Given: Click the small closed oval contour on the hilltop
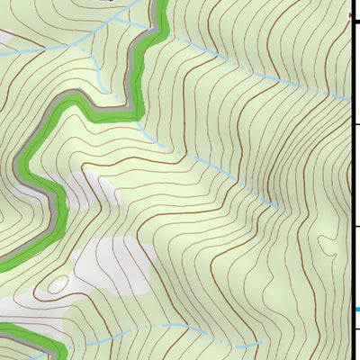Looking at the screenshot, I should pos(58,284).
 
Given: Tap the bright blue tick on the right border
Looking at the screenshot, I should pos(356,310).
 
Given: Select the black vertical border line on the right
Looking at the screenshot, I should pos(351,180).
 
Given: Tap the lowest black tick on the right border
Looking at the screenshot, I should pos(355,328).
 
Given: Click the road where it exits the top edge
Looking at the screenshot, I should pos(164,4).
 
